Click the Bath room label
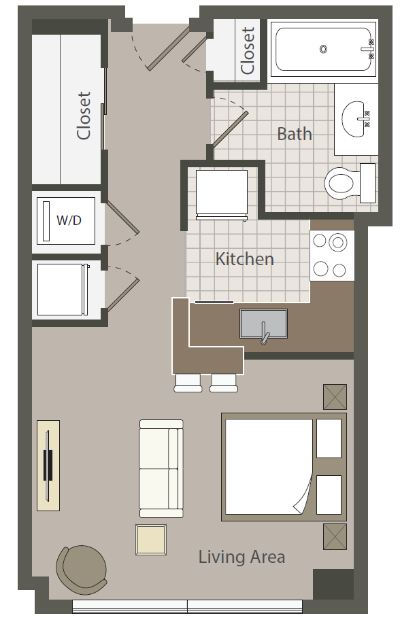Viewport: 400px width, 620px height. (x=295, y=134)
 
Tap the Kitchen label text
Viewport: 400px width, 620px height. (x=244, y=259)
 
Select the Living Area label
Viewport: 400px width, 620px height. (x=241, y=557)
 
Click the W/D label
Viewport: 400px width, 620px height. (x=69, y=220)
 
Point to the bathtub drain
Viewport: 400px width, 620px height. (x=323, y=50)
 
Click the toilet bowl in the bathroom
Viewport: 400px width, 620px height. (x=340, y=183)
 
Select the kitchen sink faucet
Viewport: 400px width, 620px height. (x=264, y=333)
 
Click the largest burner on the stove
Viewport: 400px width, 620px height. (x=337, y=242)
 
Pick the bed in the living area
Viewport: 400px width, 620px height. (x=284, y=467)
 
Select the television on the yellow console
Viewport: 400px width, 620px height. (x=48, y=466)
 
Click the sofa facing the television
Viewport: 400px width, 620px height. (x=161, y=468)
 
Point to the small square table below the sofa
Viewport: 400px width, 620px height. (x=151, y=540)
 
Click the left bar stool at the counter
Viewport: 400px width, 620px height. (x=188, y=383)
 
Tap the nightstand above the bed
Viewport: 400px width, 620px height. (x=335, y=396)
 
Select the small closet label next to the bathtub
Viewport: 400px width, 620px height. (x=248, y=50)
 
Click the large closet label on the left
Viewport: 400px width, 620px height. (x=84, y=116)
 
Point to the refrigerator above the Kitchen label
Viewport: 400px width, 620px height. (x=222, y=194)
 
